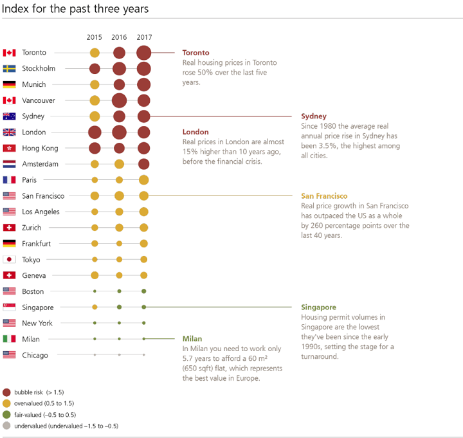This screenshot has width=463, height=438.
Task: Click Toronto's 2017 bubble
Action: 144,53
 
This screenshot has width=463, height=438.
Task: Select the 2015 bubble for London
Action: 95,132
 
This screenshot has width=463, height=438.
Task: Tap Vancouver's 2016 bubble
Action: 120,100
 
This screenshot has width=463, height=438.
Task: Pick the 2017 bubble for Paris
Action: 144,180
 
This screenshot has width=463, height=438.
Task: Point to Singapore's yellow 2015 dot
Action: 95,307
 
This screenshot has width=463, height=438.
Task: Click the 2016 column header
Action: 119,37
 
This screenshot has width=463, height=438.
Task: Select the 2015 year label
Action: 94,37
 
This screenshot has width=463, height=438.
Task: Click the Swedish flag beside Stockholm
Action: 9,69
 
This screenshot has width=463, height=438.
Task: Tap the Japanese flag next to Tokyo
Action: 9,259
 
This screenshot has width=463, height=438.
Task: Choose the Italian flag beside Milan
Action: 9,339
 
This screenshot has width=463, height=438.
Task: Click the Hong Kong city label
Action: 40,149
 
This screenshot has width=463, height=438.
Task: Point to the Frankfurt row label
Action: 36,244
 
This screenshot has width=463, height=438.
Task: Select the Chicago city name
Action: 35,355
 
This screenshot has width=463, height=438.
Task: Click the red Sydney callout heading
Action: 314,116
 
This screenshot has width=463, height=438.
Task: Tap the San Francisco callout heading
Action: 324,196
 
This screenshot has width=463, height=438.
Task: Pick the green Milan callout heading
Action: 192,339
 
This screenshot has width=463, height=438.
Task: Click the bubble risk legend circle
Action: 6,392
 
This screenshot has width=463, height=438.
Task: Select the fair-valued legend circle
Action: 6,415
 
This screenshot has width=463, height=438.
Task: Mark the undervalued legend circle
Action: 6,426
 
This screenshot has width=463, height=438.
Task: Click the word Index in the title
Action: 15,8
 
